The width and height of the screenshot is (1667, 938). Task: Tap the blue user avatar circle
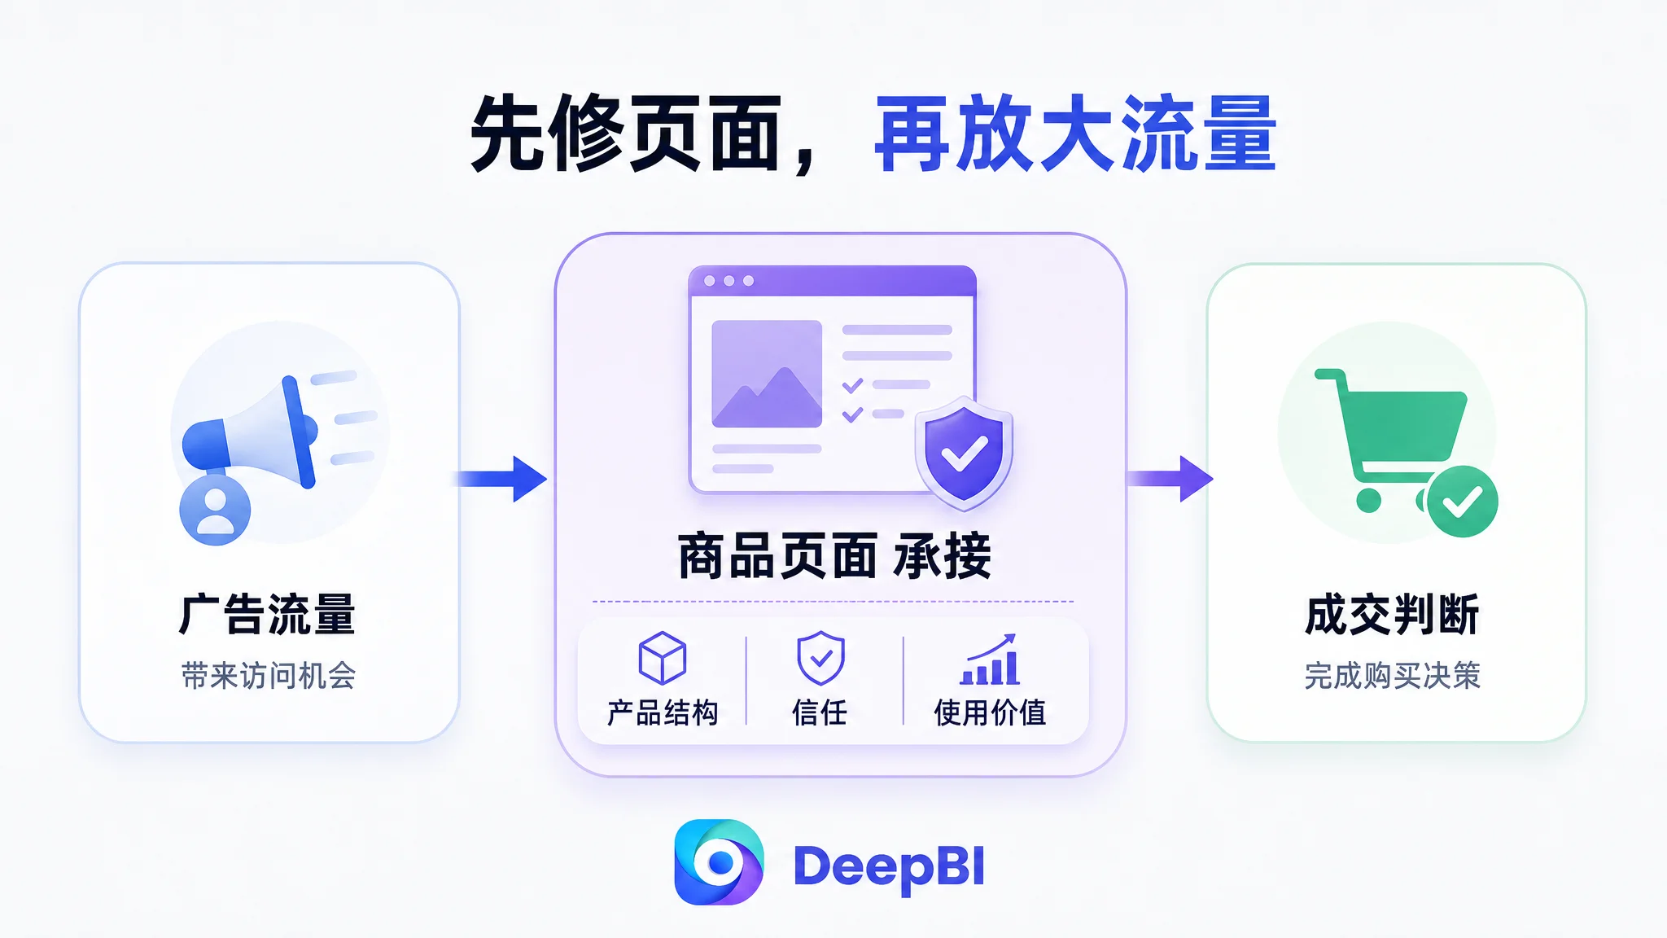pyautogui.click(x=215, y=510)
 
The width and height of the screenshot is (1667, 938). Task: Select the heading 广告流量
pyautogui.click(x=268, y=614)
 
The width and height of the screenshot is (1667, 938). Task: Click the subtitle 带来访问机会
pyautogui.click(x=269, y=676)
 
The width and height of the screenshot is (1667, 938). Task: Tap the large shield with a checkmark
pyautogui.click(x=964, y=453)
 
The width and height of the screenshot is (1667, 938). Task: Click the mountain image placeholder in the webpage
pyautogui.click(x=767, y=374)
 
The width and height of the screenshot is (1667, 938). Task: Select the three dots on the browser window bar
pyautogui.click(x=728, y=281)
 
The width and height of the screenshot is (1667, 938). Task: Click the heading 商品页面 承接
pyautogui.click(x=834, y=557)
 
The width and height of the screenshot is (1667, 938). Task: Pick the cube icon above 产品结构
pyautogui.click(x=663, y=658)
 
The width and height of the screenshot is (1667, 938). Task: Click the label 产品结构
pyautogui.click(x=663, y=712)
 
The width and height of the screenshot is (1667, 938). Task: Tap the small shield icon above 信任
pyautogui.click(x=820, y=658)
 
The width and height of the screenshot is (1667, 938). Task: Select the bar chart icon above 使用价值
pyautogui.click(x=990, y=660)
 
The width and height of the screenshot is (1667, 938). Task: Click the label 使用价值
pyautogui.click(x=990, y=712)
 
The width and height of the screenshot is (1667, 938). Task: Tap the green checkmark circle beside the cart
pyautogui.click(x=1462, y=502)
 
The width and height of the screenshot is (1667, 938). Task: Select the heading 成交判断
pyautogui.click(x=1392, y=614)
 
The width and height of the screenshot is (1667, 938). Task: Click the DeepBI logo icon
pyautogui.click(x=719, y=862)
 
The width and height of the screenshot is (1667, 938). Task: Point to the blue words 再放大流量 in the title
pyautogui.click(x=1075, y=134)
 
